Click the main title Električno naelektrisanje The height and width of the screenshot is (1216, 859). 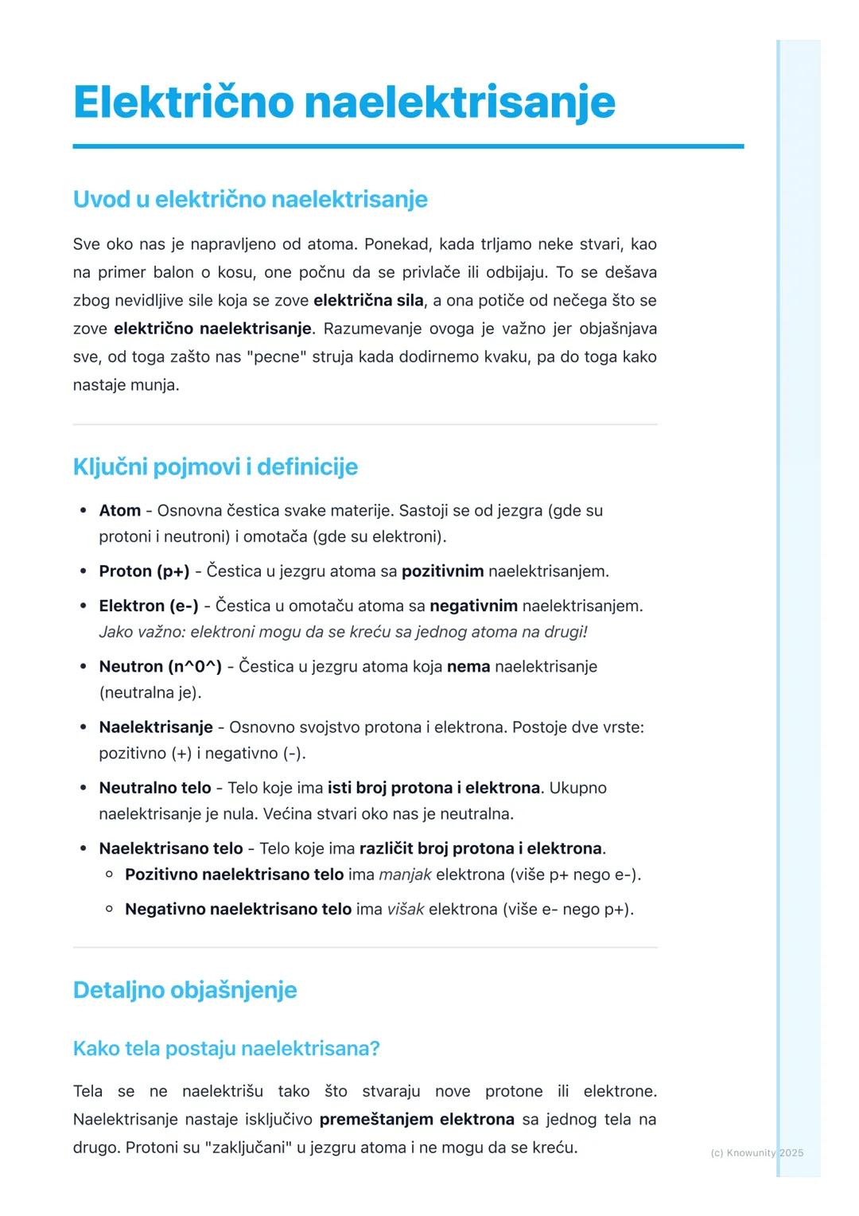click(344, 102)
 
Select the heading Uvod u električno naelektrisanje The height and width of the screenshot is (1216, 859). click(250, 199)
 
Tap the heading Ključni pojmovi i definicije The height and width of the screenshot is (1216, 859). click(215, 466)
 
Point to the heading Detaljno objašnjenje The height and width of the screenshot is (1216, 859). click(185, 990)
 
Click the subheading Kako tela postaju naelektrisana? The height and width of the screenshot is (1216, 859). click(226, 1048)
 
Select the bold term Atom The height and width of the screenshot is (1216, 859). click(119, 510)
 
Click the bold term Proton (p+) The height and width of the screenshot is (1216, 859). click(144, 571)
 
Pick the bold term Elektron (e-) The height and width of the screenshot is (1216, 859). click(149, 606)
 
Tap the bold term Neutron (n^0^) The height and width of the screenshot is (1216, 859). click(160, 666)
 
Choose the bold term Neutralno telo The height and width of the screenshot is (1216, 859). click(155, 788)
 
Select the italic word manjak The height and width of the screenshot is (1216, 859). click(405, 875)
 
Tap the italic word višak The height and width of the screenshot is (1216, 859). click(405, 909)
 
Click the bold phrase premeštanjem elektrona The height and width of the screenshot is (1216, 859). click(417, 1120)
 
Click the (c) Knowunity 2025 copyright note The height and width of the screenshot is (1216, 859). click(756, 1152)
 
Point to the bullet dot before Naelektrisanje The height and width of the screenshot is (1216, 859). click(83, 727)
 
